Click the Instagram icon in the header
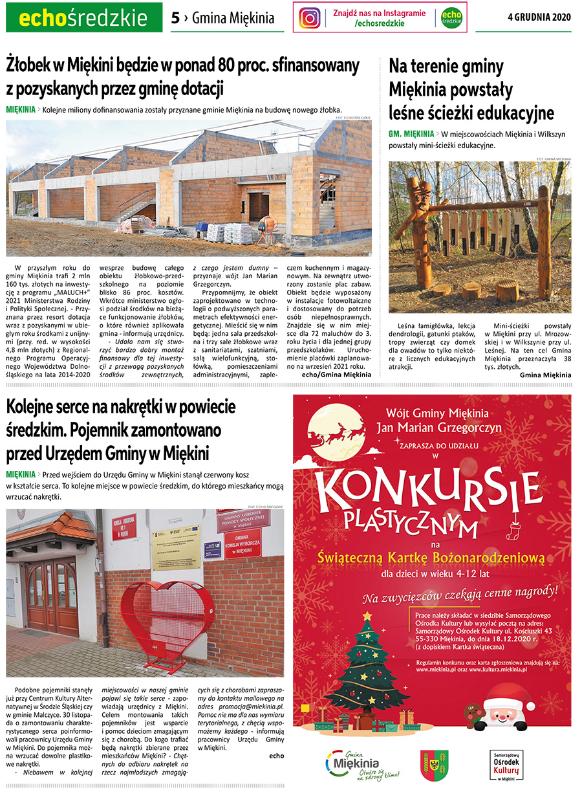coord(310,18)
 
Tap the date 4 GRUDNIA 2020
coord(540,17)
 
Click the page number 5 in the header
coord(175,18)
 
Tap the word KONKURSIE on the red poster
coord(431,492)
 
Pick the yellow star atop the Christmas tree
coord(367,615)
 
